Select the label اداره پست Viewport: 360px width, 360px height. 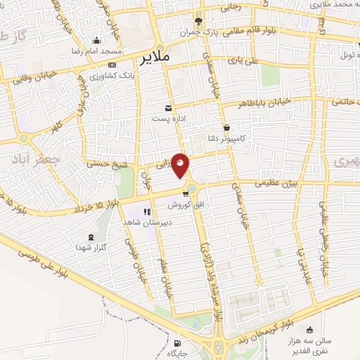(x=169, y=119)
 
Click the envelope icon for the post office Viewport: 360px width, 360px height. (x=168, y=108)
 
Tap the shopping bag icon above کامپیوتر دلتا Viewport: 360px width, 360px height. (x=226, y=127)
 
